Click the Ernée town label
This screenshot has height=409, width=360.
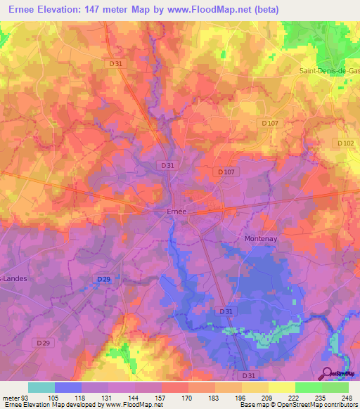[x=176, y=210]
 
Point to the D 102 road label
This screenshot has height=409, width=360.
[x=345, y=143]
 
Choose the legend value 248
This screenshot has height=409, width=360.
[x=348, y=397]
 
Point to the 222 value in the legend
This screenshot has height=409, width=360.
[x=295, y=397]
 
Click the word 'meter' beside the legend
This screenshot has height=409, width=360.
[x=13, y=397]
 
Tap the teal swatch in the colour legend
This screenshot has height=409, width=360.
[x=41, y=387]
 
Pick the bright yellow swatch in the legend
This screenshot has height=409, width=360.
[x=281, y=387]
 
